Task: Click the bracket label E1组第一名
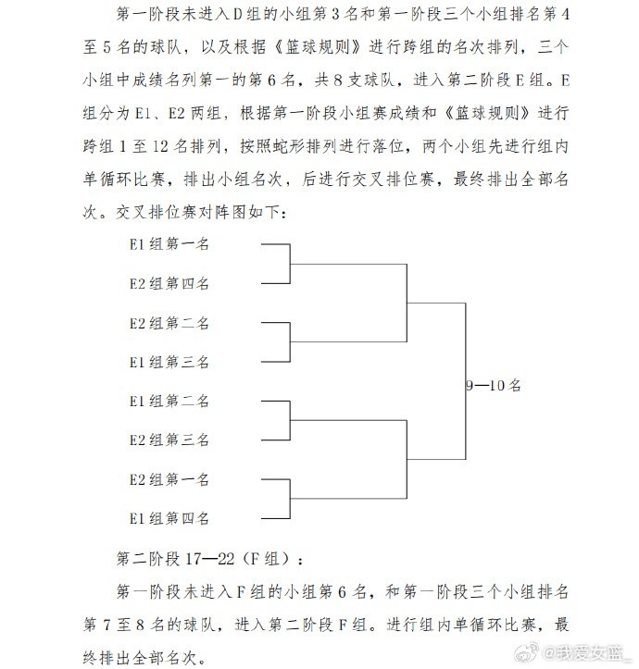[x=169, y=244]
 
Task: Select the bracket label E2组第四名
[x=169, y=283]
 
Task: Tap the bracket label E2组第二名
[x=169, y=323]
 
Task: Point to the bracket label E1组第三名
[x=169, y=362]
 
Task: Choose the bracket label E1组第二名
[x=169, y=401]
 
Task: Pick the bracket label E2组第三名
[x=169, y=440]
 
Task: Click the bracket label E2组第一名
[x=169, y=479]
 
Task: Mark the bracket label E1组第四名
[x=169, y=518]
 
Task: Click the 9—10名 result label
[x=494, y=386]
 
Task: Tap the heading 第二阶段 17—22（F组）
[x=209, y=559]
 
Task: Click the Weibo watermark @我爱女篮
[x=573, y=652]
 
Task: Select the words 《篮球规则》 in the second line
[x=317, y=47]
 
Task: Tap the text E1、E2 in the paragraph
[x=159, y=113]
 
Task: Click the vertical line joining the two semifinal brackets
[x=465, y=381]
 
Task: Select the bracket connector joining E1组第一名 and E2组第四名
[x=290, y=264]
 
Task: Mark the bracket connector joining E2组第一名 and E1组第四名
[x=290, y=499]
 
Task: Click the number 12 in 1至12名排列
[x=160, y=146]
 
